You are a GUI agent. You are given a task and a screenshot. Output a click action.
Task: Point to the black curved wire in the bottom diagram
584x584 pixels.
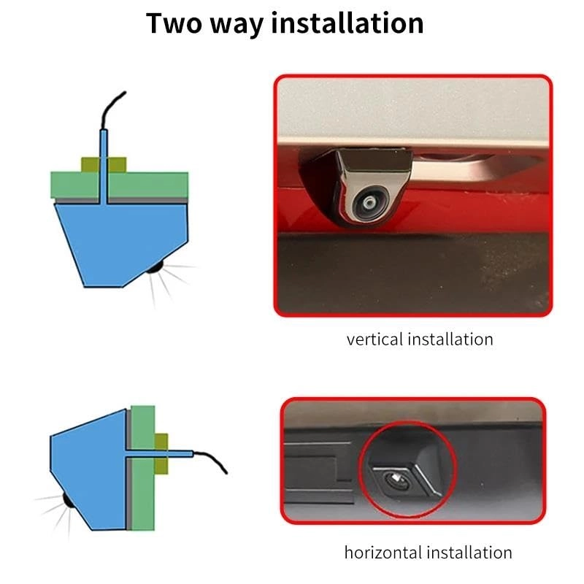[x=212, y=461]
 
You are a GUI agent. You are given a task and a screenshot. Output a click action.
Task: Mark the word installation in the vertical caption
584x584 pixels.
[x=453, y=339]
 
